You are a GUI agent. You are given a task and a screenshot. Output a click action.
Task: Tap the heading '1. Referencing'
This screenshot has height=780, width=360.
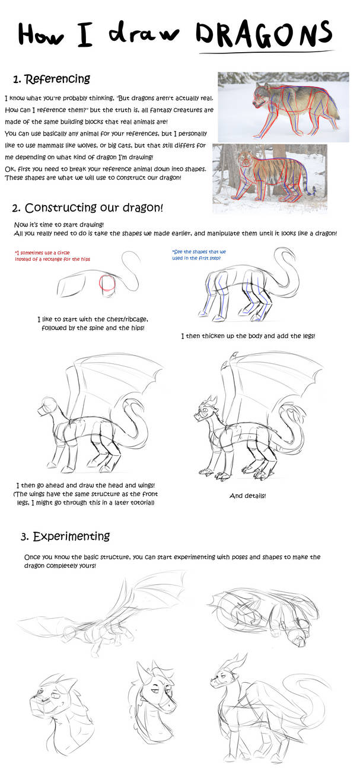coord(52,79)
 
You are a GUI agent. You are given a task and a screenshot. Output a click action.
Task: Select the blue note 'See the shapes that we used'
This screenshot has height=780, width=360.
coord(199,255)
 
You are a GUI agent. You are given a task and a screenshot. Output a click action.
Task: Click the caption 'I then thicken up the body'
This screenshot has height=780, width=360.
coord(248,336)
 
